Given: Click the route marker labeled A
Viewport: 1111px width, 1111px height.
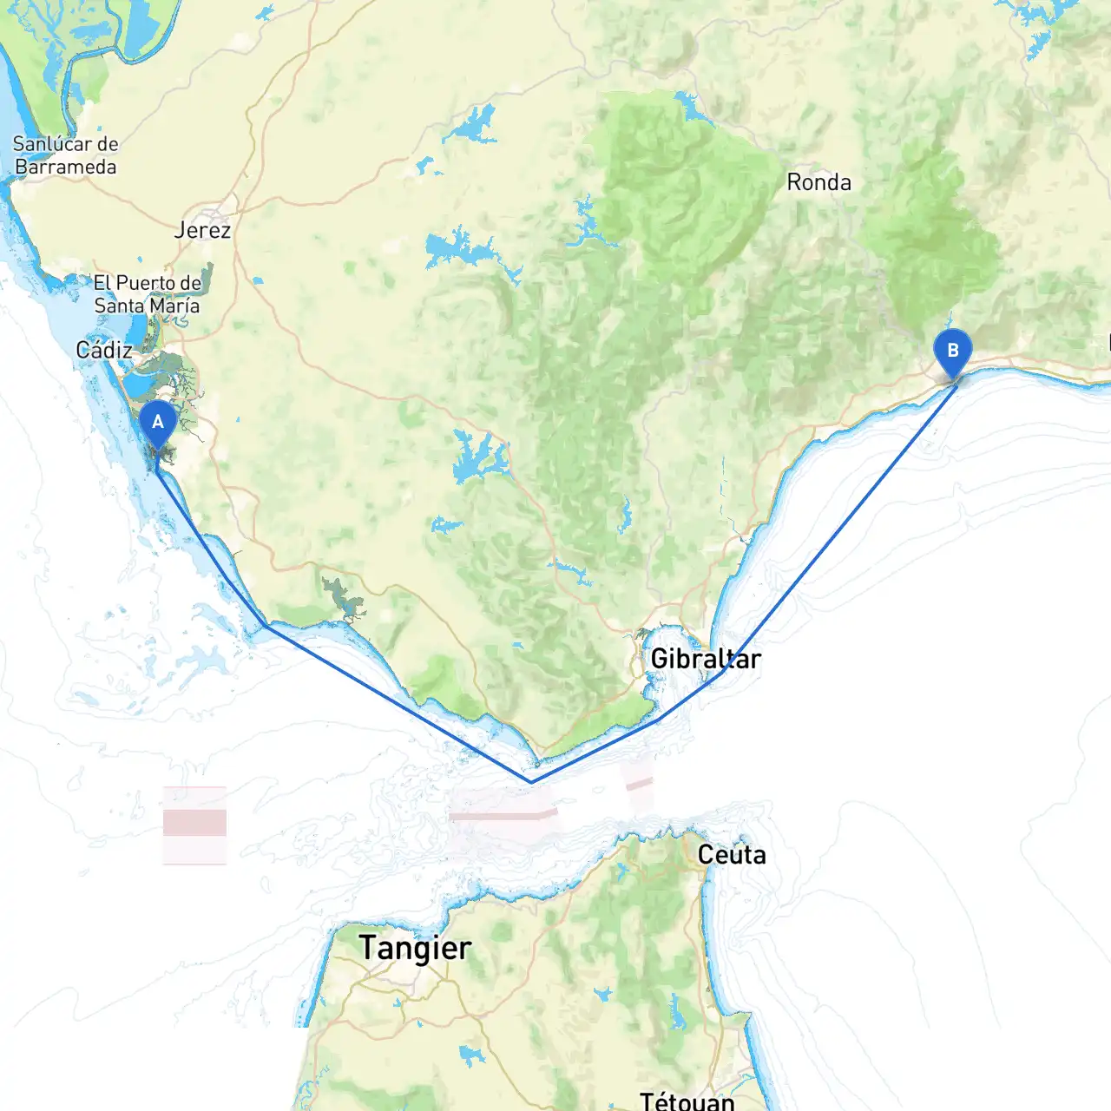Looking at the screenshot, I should (x=158, y=424).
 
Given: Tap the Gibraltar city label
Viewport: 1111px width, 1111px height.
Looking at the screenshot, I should (x=705, y=659).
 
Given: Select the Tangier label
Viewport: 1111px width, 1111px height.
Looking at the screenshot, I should (x=415, y=948).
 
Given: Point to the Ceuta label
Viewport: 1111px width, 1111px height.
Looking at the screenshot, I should (x=732, y=855).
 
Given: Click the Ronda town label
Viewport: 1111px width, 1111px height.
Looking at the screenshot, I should (x=818, y=182).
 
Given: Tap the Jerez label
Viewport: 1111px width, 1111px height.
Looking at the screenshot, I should (x=202, y=230).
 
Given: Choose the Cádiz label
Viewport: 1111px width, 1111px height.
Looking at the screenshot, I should (x=104, y=350).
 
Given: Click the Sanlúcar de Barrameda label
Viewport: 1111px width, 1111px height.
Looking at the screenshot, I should (x=66, y=155).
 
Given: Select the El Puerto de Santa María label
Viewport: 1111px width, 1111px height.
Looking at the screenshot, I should (x=147, y=294).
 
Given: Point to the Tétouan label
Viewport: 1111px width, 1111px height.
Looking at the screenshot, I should (x=687, y=1101).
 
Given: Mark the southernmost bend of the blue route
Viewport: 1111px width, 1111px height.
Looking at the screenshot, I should (x=531, y=781).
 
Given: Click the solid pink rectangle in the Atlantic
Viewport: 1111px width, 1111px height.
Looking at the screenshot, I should (x=194, y=822).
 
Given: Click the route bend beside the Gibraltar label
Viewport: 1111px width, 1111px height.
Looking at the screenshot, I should (x=723, y=670).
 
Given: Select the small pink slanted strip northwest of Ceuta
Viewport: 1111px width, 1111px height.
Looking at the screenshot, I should (x=639, y=784).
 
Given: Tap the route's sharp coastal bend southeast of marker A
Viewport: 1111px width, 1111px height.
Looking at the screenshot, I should (x=266, y=626).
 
